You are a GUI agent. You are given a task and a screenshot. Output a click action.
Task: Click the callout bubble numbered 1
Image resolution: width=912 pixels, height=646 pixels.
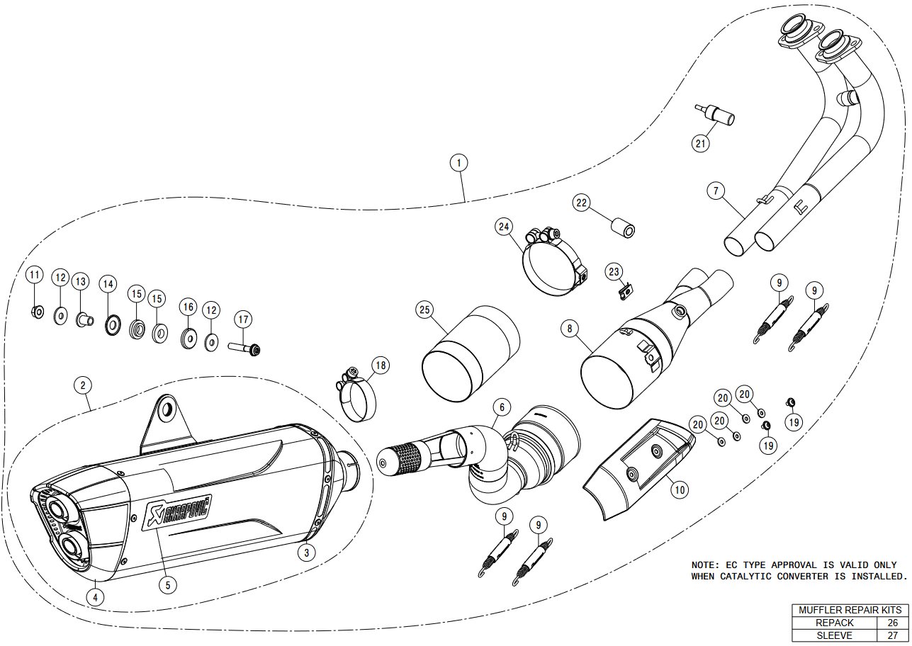[459, 163]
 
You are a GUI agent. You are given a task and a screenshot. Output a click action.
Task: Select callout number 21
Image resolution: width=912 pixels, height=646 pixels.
[701, 143]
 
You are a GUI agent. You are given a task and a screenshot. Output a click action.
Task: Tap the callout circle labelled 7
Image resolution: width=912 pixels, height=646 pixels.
[716, 190]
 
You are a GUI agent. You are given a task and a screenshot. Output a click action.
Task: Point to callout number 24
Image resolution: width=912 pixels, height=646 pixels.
[504, 227]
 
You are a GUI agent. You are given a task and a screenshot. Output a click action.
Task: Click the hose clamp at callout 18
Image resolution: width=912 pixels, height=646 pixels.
[357, 397]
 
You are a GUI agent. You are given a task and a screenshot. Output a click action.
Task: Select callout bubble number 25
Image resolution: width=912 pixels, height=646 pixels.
[424, 310]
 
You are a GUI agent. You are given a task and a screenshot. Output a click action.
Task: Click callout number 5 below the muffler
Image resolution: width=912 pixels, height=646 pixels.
[167, 584]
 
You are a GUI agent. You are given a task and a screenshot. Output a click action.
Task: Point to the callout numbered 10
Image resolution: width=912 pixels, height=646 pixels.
[679, 488]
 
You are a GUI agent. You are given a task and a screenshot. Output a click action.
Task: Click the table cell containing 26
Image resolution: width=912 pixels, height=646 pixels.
[892, 623]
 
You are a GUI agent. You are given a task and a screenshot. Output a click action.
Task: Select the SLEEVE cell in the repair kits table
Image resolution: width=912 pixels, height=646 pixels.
[835, 635]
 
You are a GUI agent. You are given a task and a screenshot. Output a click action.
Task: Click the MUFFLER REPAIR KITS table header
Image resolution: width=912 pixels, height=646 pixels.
[850, 610]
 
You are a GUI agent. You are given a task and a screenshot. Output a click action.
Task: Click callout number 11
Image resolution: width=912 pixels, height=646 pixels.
[34, 274]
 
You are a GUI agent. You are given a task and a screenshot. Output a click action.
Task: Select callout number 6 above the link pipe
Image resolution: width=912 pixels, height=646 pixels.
[501, 407]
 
